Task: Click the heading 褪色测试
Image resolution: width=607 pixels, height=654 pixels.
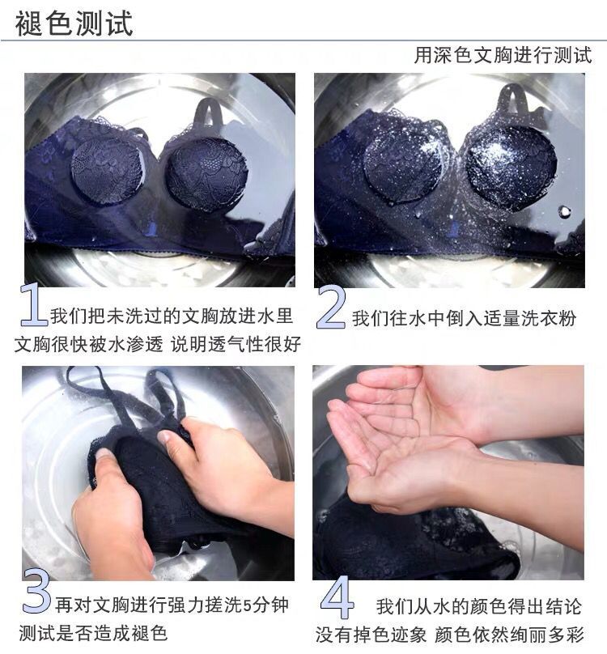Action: tap(74, 23)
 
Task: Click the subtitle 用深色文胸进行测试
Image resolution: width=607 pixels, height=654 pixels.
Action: tap(503, 55)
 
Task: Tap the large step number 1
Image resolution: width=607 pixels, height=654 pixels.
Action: tap(33, 305)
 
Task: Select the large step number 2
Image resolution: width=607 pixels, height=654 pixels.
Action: tap(331, 308)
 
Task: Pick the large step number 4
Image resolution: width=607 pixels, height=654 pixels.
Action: tap(337, 597)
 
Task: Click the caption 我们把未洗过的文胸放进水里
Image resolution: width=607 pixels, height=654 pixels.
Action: tap(172, 316)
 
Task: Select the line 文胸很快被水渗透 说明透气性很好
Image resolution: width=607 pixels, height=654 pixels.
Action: tap(158, 344)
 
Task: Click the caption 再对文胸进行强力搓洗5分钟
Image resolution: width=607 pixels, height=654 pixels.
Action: tap(172, 605)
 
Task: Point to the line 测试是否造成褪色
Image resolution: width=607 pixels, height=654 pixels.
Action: tap(93, 633)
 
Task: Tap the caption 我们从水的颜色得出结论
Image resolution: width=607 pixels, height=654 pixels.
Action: tap(478, 606)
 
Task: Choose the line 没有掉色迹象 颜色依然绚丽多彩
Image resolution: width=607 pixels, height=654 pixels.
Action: tap(449, 635)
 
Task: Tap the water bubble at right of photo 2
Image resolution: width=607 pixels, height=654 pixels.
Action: tap(565, 210)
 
